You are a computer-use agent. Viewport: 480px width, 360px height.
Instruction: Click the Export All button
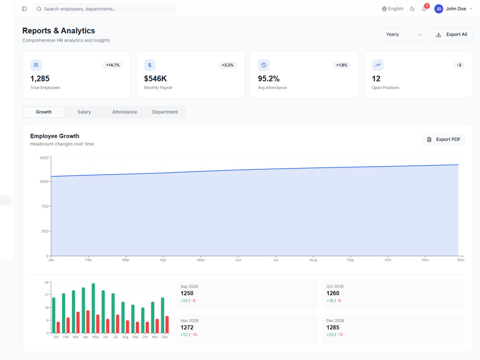pyautogui.click(x=451, y=35)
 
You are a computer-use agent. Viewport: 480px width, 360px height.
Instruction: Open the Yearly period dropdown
pyautogui.click(x=404, y=35)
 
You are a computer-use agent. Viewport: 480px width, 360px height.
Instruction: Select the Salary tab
pyautogui.click(x=84, y=112)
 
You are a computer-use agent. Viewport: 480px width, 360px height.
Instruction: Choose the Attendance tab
pyautogui.click(x=125, y=112)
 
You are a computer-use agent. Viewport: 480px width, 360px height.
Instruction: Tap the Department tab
pyautogui.click(x=165, y=112)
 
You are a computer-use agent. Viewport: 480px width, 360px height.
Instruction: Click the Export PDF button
pyautogui.click(x=444, y=140)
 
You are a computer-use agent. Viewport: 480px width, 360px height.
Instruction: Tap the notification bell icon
pyautogui.click(x=424, y=9)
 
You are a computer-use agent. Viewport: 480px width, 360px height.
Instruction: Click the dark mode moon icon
pyautogui.click(x=412, y=9)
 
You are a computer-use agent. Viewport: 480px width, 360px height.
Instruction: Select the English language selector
pyautogui.click(x=393, y=9)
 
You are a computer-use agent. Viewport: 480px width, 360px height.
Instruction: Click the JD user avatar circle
pyautogui.click(x=439, y=9)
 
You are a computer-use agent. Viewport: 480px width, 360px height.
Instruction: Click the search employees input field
pyautogui.click(x=104, y=9)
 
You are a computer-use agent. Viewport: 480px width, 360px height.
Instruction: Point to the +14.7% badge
pyautogui.click(x=113, y=65)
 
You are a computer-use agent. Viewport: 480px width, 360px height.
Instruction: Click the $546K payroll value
pyautogui.click(x=156, y=79)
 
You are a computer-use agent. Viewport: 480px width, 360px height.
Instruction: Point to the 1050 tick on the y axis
pyautogui.click(x=44, y=181)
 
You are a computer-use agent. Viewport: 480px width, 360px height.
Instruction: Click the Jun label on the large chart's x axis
pyautogui.click(x=238, y=260)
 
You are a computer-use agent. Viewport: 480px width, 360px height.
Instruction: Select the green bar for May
pyautogui.click(x=94, y=308)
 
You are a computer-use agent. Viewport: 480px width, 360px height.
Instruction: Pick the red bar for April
pyautogui.click(x=88, y=322)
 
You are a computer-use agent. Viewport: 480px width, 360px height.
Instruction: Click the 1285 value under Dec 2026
pyautogui.click(x=333, y=327)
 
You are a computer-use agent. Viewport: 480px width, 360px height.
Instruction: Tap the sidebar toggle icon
pyautogui.click(x=24, y=9)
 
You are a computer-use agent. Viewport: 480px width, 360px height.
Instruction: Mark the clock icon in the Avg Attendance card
pyautogui.click(x=264, y=65)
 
